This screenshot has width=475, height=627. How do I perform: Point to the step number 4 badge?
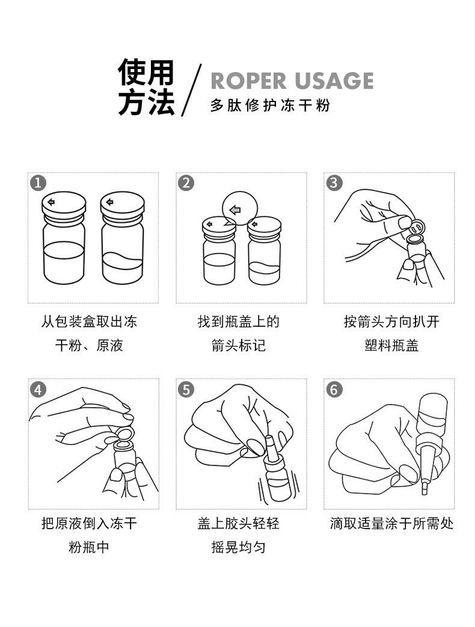38,389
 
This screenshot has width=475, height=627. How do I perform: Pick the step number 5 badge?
186,389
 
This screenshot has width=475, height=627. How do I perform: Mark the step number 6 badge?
335,389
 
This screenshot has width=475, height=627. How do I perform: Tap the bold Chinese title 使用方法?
146,88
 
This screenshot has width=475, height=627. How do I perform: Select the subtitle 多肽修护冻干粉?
271,106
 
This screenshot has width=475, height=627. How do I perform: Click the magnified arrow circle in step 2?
238,210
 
